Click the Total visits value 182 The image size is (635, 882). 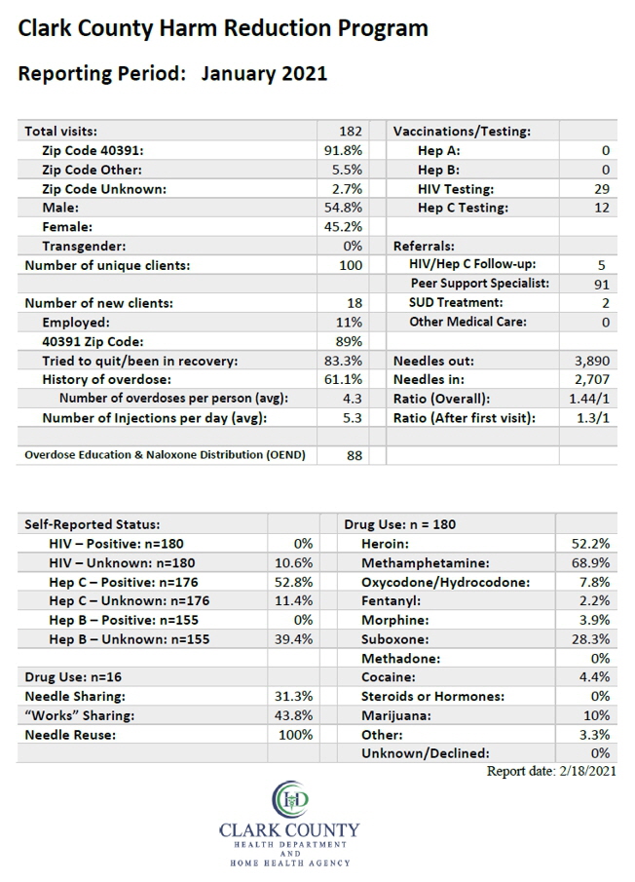click(350, 131)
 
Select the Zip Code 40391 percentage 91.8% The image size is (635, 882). click(343, 150)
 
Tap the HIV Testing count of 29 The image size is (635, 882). click(602, 189)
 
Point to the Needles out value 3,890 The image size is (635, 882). click(592, 361)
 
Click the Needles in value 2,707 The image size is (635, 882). click(592, 380)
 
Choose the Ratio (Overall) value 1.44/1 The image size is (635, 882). click(589, 399)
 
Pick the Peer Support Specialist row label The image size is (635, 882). click(480, 283)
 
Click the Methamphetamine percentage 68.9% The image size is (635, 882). click(589, 562)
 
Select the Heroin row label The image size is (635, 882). click(385, 544)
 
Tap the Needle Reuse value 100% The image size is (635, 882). click(295, 735)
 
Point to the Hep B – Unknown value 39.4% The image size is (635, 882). click(293, 639)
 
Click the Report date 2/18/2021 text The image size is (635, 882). click(551, 771)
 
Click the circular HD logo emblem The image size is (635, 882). click(290, 799)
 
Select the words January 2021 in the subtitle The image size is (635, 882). click(264, 74)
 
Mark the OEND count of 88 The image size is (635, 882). click(355, 455)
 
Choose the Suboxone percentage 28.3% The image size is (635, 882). click(589, 639)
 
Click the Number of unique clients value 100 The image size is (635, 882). click(351, 265)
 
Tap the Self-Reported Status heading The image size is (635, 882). click(93, 524)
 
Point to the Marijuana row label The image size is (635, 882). click(396, 715)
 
